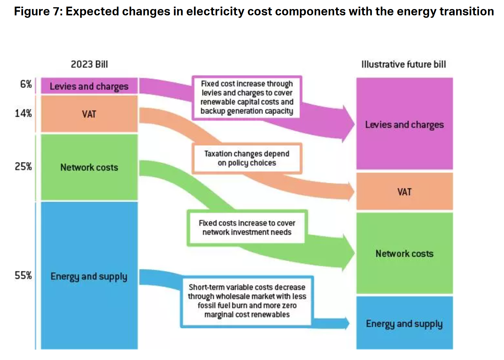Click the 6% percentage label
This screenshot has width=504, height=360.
click(x=26, y=84)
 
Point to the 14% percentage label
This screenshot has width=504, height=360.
click(x=23, y=113)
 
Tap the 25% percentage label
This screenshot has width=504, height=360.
click(x=23, y=166)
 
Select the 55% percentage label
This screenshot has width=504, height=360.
click(x=23, y=275)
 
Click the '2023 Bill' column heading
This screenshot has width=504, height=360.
click(x=89, y=64)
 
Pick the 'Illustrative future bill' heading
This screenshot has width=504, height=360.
click(x=403, y=64)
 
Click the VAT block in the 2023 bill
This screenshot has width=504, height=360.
click(x=89, y=114)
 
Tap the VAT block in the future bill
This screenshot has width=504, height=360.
click(x=404, y=192)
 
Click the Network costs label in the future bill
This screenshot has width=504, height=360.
click(x=404, y=254)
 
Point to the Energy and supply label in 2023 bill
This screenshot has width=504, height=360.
click(x=89, y=276)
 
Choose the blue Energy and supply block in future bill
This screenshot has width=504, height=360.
click(x=404, y=324)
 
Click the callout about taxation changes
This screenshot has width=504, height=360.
click(x=247, y=158)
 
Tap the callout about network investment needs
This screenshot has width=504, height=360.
click(x=247, y=228)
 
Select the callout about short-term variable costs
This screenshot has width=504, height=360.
click(x=247, y=301)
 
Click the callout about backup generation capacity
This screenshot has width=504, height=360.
click(x=247, y=97)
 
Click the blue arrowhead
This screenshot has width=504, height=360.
click(x=346, y=324)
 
